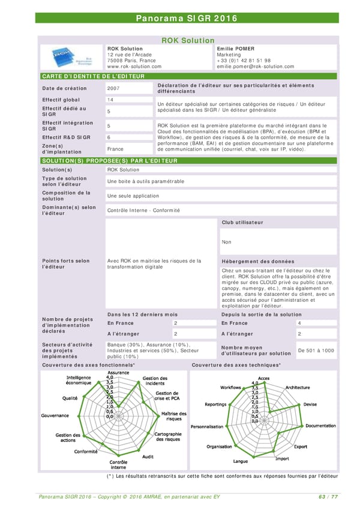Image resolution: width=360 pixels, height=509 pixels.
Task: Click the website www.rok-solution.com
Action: click(x=134, y=67)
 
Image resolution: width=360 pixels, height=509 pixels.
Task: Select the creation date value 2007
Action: click(x=113, y=88)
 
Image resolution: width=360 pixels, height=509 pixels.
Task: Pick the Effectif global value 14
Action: click(x=110, y=100)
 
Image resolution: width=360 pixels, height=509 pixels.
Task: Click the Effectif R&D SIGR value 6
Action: click(x=109, y=137)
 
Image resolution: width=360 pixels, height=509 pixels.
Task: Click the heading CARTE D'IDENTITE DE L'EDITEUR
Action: click(x=92, y=77)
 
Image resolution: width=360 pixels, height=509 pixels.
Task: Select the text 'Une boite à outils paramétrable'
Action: click(x=146, y=181)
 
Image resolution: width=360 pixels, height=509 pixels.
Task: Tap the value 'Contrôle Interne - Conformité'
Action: click(x=143, y=211)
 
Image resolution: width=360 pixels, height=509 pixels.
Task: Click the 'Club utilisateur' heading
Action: click(x=242, y=223)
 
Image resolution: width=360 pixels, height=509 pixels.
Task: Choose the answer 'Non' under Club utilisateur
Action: click(x=226, y=242)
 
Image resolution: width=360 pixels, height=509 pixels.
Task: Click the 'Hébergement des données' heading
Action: click(x=258, y=262)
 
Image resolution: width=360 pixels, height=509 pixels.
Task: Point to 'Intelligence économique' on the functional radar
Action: click(x=78, y=380)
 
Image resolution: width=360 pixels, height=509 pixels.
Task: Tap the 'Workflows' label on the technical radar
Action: click(x=230, y=388)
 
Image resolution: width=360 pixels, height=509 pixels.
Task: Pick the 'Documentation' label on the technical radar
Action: click(x=320, y=426)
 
